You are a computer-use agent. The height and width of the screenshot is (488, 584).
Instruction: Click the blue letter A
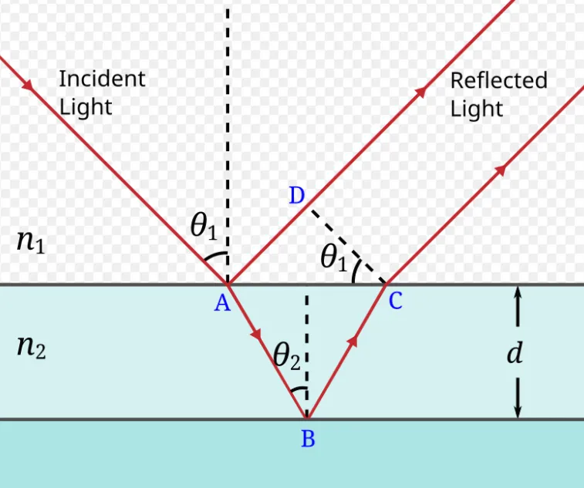(222, 304)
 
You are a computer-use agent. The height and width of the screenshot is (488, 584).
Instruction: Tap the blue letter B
(308, 439)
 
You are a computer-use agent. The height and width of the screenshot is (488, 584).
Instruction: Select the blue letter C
(395, 301)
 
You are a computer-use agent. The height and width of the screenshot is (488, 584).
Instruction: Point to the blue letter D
(297, 196)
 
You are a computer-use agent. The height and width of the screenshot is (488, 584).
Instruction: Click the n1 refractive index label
(31, 242)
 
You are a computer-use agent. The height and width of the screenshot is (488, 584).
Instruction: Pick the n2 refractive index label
(32, 348)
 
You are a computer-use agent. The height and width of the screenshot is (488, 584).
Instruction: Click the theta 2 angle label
(286, 357)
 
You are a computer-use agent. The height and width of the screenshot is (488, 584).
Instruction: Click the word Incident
(102, 79)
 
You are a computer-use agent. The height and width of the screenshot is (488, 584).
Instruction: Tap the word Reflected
(498, 80)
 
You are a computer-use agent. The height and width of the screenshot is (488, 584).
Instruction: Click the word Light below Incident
(86, 108)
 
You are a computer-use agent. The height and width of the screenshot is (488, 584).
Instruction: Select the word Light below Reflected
(477, 109)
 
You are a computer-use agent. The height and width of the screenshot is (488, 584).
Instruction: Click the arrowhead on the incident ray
(28, 85)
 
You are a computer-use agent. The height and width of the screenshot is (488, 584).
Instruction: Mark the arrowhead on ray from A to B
(257, 334)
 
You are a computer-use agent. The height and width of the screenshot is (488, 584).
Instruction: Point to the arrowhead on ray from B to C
(353, 341)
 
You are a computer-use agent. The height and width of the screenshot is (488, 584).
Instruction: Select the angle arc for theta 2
(299, 389)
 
